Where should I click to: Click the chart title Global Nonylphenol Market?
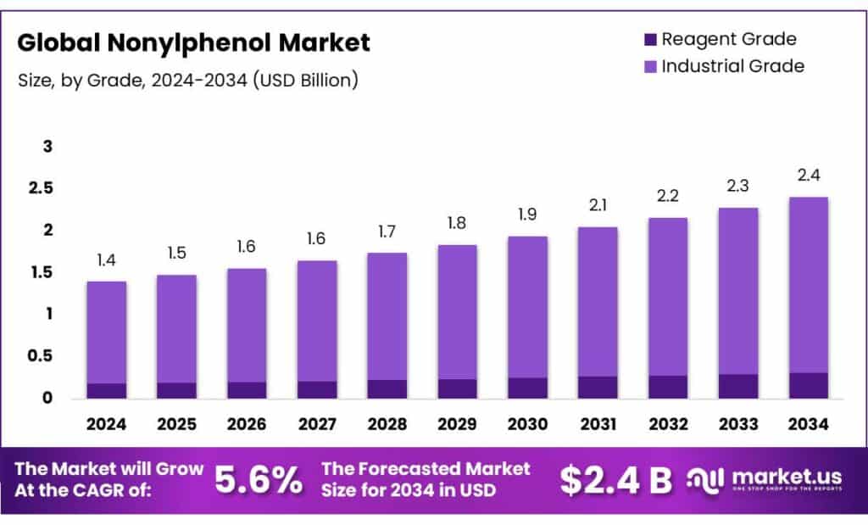point(193,42)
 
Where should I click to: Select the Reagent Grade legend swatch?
point(650,39)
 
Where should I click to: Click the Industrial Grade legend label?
point(732,65)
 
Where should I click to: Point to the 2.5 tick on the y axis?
point(41,188)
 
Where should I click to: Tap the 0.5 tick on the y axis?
point(41,356)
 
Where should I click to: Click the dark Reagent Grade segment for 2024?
point(106,390)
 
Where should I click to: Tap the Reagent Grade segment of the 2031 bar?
point(597,387)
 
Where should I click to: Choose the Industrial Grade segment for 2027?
point(316,321)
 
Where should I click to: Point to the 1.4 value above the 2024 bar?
point(106,260)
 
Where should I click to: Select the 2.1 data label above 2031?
point(597,205)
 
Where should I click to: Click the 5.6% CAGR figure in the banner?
point(259,481)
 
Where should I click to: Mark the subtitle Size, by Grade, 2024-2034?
point(187,81)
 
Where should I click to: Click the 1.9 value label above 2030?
point(527,215)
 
